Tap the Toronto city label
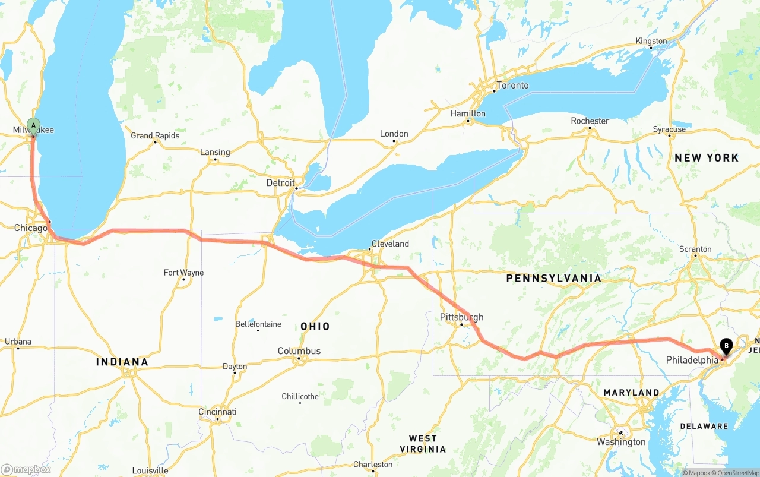pos(512,86)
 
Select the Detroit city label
pos(280,183)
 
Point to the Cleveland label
pos(390,244)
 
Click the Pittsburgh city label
pos(461,317)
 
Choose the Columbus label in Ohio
pos(299,351)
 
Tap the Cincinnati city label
pos(217,412)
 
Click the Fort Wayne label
pos(183,273)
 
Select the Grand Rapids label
pos(155,135)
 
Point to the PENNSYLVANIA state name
pos(553,278)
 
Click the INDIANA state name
pos(122,362)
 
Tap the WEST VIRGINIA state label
pos(423,444)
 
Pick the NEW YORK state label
pos(707,158)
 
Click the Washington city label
pos(622,442)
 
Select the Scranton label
pos(695,249)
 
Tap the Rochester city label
pos(590,121)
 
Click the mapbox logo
pos(26,469)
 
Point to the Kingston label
pos(651,42)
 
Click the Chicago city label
pos(30,228)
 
